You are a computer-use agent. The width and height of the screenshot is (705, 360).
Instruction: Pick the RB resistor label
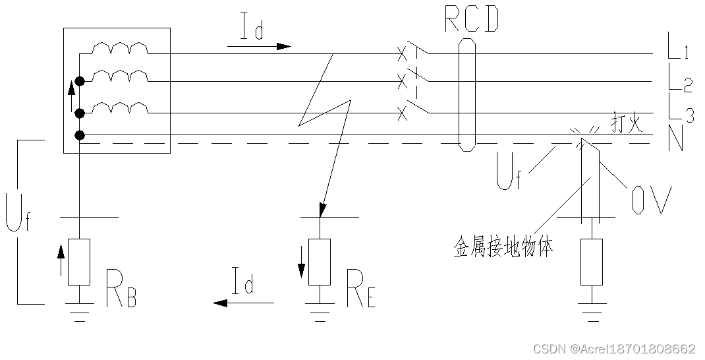click(121, 290)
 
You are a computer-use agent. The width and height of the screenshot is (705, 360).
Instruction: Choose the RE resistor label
click(360, 290)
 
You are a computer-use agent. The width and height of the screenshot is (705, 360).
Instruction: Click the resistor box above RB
click(79, 262)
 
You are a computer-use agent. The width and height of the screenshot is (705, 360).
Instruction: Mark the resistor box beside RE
click(320, 262)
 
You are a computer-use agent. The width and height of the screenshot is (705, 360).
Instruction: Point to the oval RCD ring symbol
click(467, 94)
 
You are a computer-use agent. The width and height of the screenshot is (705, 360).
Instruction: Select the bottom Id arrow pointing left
click(243, 303)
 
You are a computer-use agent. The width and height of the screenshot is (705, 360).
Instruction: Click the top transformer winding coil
click(119, 49)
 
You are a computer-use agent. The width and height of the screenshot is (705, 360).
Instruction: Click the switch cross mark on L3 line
click(402, 115)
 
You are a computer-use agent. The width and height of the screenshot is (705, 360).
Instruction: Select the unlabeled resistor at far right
click(592, 262)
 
